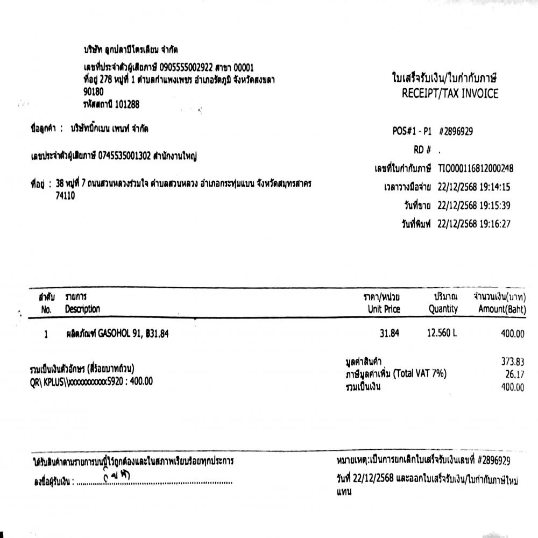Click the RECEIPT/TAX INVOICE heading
tap(450, 94)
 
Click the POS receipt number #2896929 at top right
tap(456, 131)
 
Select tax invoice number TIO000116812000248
tap(476, 168)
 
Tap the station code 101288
tap(127, 105)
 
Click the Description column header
tap(82, 309)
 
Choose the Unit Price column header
tap(384, 309)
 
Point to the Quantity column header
tap(443, 309)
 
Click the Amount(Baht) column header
tap(501, 309)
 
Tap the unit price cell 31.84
tap(389, 334)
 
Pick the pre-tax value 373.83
tap(512, 362)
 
